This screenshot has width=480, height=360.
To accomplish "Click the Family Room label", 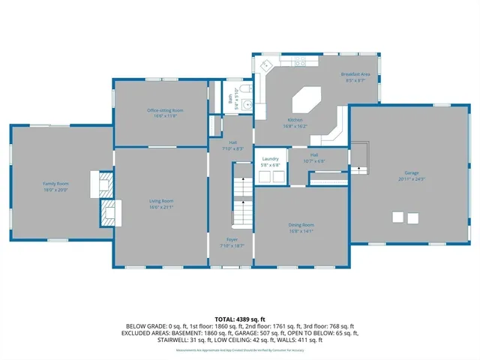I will pos(55,183).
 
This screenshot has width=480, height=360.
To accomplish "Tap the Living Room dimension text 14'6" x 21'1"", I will pos(160,206).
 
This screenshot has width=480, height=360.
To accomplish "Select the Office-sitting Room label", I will pos(165,110).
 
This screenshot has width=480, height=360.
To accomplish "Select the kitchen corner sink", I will pos(263,67).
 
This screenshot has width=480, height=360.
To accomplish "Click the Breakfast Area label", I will pos(355,74).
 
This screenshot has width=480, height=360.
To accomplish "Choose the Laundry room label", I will pos(271,158).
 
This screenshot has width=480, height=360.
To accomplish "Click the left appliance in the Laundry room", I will pos(264,176).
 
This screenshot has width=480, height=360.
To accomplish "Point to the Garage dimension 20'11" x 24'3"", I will pos(412,179).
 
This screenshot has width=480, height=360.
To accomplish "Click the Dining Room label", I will pos(301,224).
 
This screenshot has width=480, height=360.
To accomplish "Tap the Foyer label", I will pos(232,240).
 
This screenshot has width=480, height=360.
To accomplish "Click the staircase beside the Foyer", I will pos(242,196).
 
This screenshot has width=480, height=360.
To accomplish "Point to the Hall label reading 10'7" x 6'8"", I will pos(314,157).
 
